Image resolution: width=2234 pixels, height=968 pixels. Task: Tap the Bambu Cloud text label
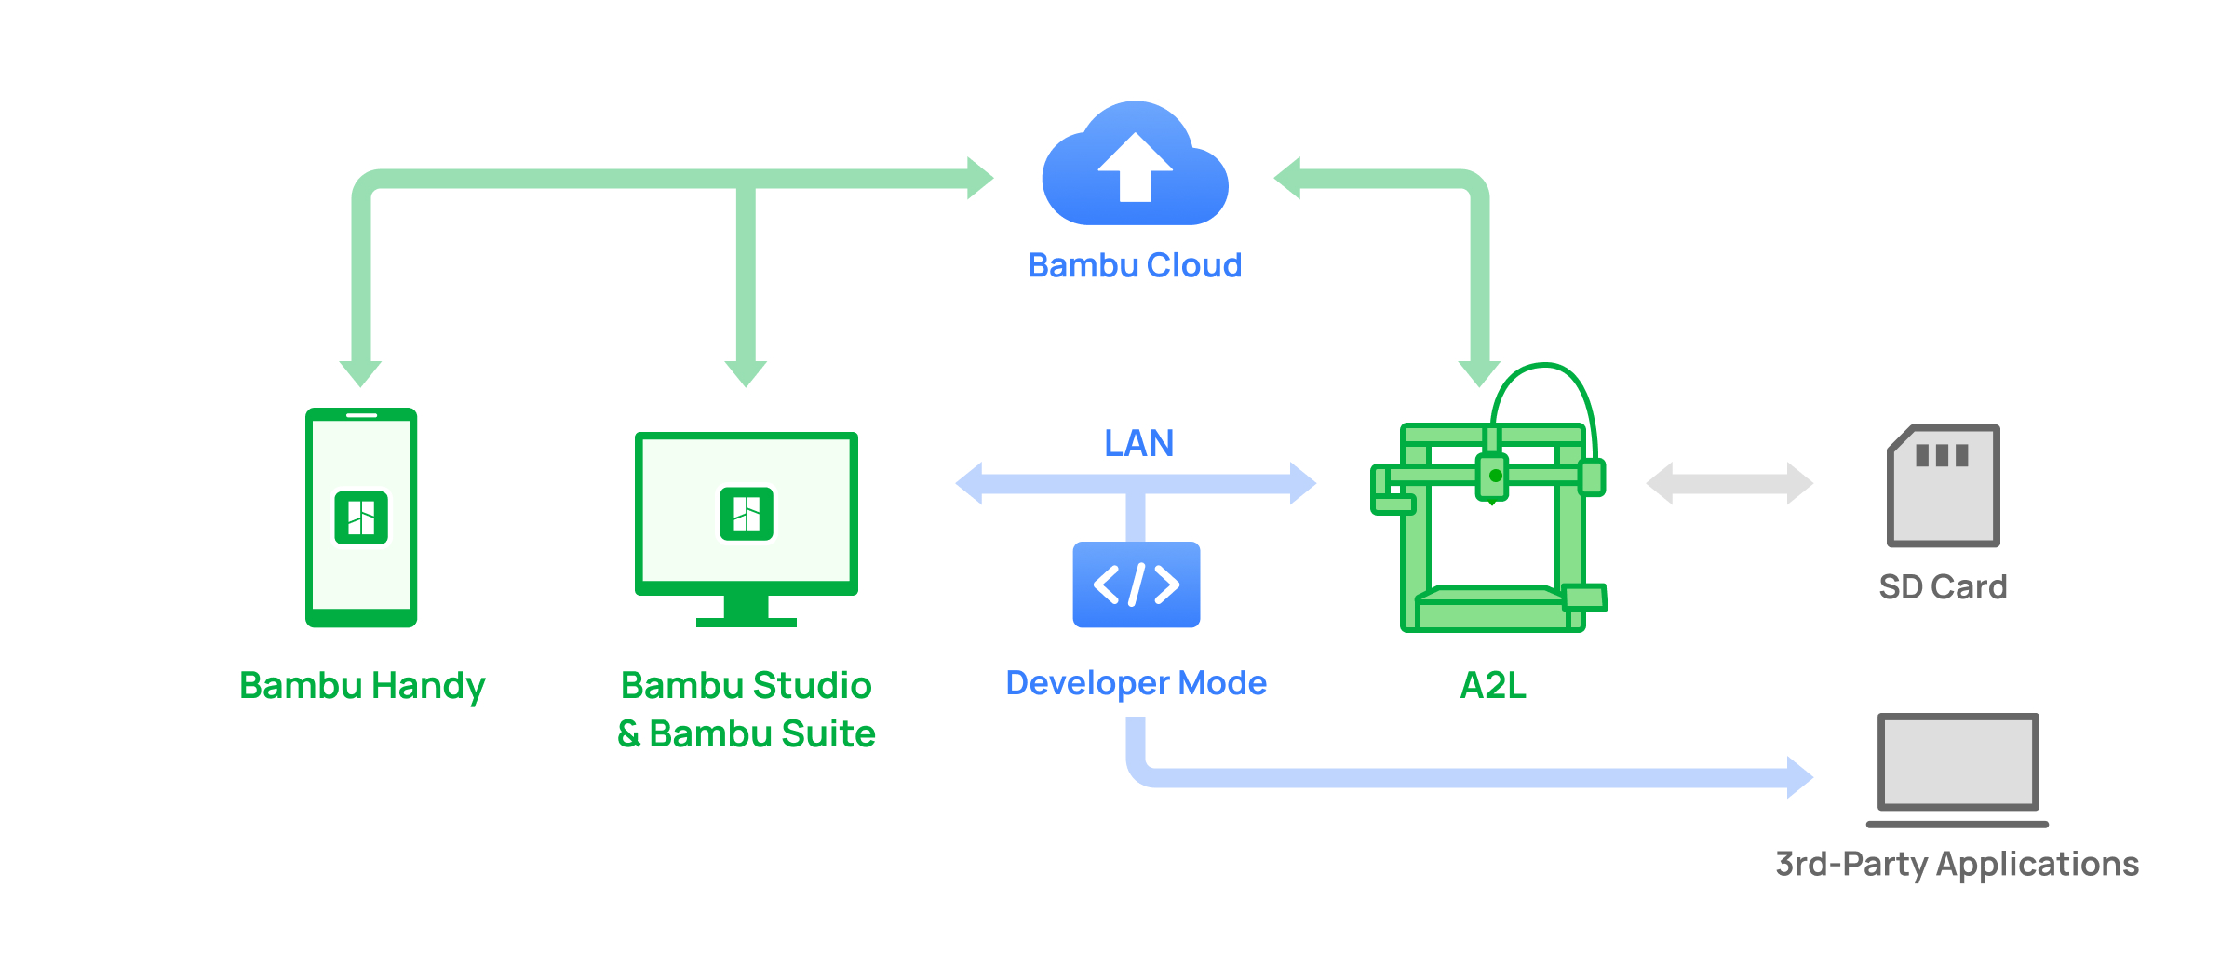[1135, 265]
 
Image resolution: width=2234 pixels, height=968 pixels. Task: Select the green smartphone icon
[361, 518]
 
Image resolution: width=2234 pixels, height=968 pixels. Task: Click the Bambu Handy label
[362, 686]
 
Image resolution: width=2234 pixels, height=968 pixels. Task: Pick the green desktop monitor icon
[747, 529]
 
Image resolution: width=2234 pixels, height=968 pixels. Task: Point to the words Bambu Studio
[747, 685]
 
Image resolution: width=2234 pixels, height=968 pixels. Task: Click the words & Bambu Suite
[747, 733]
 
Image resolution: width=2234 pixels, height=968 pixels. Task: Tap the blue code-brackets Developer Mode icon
[1137, 585]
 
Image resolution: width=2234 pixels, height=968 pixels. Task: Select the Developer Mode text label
[1137, 683]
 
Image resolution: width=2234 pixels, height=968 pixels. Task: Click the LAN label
[1138, 443]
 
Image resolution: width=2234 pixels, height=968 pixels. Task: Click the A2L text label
[1493, 686]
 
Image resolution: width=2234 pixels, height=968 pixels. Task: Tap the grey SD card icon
[1944, 486]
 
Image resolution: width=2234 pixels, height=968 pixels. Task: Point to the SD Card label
[1944, 587]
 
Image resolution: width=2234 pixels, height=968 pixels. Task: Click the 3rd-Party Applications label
[1958, 864]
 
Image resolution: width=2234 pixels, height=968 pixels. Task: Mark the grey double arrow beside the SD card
[1729, 483]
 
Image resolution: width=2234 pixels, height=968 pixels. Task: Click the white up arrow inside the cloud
[1135, 167]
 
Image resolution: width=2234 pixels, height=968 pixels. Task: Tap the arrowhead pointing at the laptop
[1800, 777]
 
